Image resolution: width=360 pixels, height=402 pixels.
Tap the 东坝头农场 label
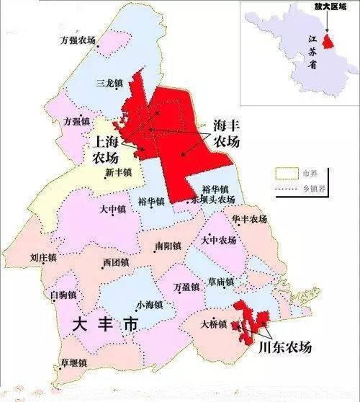coord(214,199)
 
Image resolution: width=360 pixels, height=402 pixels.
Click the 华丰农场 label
coord(250,218)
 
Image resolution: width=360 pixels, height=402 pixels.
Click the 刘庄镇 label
coord(44,256)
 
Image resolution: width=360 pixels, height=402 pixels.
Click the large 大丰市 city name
coord(104,325)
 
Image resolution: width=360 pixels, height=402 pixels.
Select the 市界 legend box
coord(286,174)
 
